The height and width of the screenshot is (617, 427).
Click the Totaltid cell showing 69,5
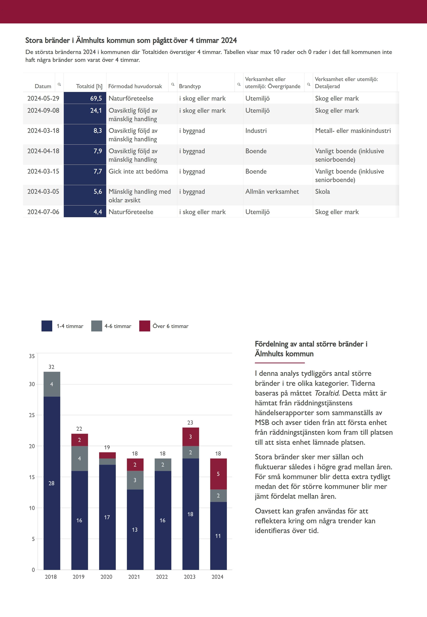point(85,98)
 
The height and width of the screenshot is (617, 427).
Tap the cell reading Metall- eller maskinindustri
point(353,131)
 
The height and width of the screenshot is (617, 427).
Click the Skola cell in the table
point(322,191)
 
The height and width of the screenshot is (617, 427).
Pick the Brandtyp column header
point(190,86)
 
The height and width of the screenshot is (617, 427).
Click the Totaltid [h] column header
point(89,86)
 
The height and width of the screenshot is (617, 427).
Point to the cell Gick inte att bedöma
point(138,171)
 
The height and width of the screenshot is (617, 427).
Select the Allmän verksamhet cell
point(272,191)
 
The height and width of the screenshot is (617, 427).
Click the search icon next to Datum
point(59,84)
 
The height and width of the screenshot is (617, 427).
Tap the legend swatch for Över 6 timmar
point(144,326)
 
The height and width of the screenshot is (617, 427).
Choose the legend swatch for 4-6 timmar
point(97,326)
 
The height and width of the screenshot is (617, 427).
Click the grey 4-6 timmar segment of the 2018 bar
point(52,384)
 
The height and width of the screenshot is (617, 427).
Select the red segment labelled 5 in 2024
point(218,474)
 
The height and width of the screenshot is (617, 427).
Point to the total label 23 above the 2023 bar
point(190,422)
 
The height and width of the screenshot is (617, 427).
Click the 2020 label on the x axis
point(106,577)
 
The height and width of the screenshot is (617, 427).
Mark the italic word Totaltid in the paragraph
point(326,393)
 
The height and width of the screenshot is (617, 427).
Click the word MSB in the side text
point(262,422)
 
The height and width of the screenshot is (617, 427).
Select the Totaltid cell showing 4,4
point(85,212)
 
